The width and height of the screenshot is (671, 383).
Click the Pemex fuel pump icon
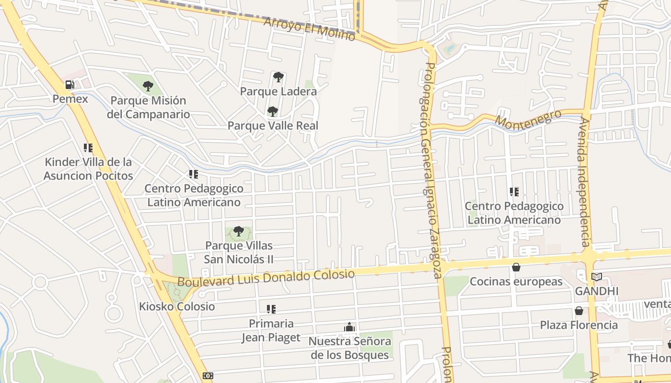click(x=70, y=85)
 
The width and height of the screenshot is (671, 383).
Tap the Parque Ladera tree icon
click(x=278, y=77)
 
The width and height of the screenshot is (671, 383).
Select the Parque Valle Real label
click(x=273, y=125)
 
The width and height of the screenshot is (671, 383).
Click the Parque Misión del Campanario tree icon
click(x=148, y=87)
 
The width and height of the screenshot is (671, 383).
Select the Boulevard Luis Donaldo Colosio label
click(x=266, y=278)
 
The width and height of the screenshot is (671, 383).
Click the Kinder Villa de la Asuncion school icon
click(x=88, y=148)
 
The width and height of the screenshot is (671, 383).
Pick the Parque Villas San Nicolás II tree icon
click(x=238, y=232)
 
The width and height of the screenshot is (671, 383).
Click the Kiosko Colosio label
click(x=177, y=306)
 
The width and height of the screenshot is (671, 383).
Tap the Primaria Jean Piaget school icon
click(x=271, y=309)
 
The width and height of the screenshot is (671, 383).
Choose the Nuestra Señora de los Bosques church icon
click(x=349, y=327)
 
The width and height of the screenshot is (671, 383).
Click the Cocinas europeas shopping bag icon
click(x=516, y=267)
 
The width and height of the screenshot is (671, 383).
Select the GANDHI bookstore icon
click(x=597, y=277)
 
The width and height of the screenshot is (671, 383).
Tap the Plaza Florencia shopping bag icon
click(x=579, y=311)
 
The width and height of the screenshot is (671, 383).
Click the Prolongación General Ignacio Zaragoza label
click(x=430, y=170)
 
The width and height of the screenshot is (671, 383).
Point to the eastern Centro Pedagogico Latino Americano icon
click(x=514, y=192)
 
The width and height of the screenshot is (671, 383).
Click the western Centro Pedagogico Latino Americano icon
click(x=194, y=174)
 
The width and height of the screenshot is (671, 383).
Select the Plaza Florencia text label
click(x=579, y=325)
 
